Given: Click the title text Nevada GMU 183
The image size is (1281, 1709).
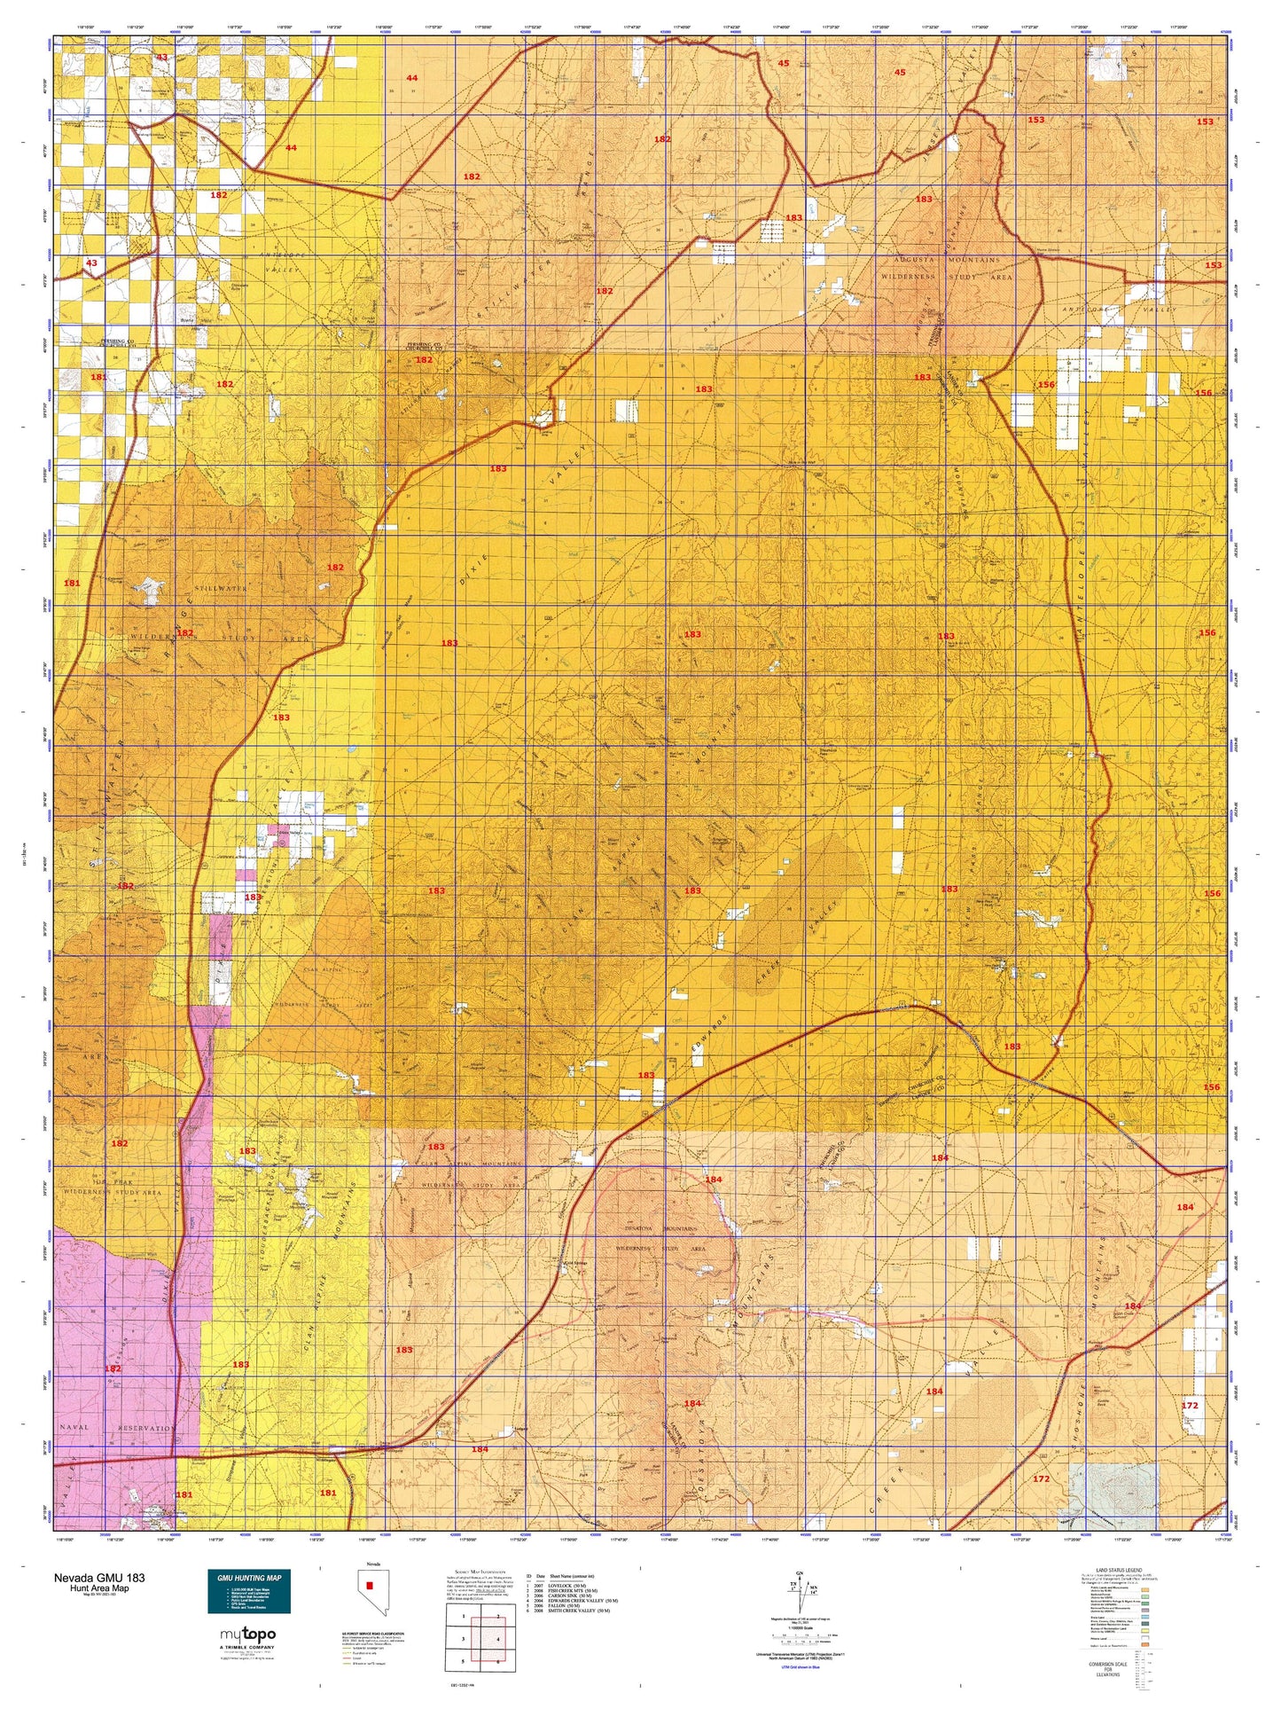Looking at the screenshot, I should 99,1578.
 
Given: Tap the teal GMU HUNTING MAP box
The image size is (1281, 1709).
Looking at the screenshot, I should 248,1592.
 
